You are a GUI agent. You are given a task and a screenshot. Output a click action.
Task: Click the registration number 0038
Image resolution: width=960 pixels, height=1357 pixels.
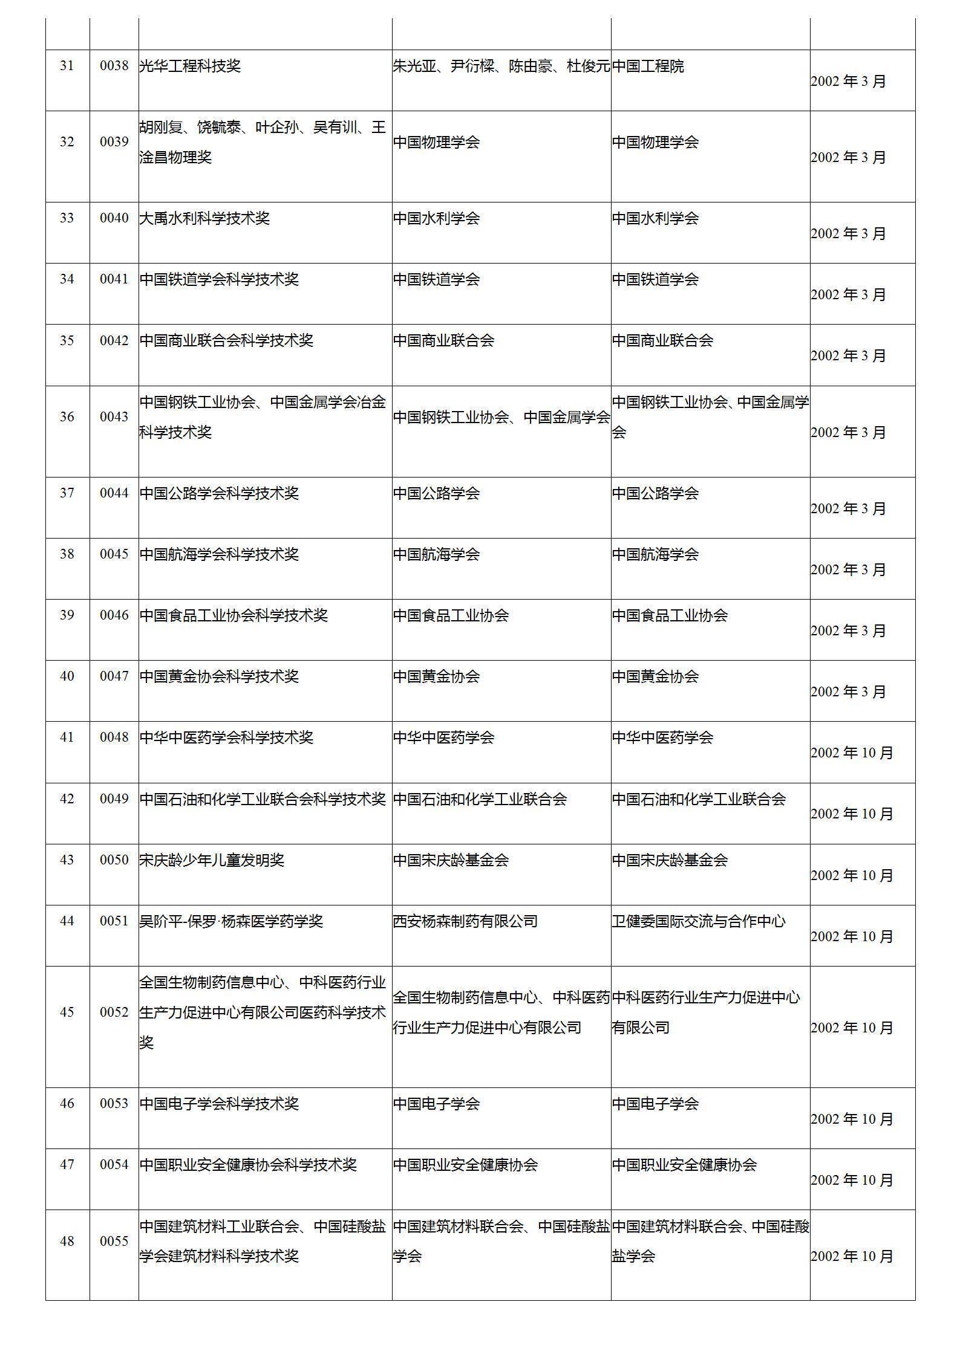(x=114, y=66)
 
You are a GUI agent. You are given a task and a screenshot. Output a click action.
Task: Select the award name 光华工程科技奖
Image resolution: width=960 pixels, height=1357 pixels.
(x=190, y=66)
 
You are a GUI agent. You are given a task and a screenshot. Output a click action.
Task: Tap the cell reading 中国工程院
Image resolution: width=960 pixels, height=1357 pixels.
(x=648, y=66)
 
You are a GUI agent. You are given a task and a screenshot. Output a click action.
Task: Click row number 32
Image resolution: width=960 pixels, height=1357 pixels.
(x=67, y=141)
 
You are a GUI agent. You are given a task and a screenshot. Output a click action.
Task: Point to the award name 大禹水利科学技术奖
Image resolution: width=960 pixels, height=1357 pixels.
(x=204, y=218)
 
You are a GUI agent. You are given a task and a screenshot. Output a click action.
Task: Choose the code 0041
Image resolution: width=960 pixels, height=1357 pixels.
(x=114, y=279)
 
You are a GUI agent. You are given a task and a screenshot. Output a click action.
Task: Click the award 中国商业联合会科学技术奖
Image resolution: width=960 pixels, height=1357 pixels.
(x=226, y=340)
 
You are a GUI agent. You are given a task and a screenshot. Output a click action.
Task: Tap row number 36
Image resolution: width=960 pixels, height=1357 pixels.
(x=67, y=416)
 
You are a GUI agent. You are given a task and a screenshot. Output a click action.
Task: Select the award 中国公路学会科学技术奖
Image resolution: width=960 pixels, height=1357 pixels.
(x=219, y=493)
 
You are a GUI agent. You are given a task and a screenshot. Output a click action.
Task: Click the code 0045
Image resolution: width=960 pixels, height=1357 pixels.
(x=114, y=554)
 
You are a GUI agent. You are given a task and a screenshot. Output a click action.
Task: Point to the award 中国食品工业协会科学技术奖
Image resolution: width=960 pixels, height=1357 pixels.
(x=233, y=615)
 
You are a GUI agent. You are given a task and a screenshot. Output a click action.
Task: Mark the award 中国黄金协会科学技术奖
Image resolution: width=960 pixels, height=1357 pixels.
(x=219, y=676)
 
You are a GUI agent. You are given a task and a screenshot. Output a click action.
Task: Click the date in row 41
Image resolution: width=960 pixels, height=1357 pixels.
(x=852, y=753)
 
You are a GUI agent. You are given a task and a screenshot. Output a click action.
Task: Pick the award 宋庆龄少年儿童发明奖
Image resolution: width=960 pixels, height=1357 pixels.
(x=212, y=860)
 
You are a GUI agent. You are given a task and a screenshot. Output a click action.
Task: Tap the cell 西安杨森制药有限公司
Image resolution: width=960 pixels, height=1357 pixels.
(x=465, y=921)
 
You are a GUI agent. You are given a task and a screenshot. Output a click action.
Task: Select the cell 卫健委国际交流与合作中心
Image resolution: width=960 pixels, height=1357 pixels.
(x=699, y=921)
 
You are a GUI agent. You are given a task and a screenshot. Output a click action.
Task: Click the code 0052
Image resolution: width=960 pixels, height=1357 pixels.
(x=114, y=1012)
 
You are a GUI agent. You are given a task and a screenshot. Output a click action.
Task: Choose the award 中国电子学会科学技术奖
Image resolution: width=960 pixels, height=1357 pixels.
(x=219, y=1104)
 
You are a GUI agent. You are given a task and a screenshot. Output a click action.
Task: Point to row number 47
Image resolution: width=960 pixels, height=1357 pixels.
(x=67, y=1165)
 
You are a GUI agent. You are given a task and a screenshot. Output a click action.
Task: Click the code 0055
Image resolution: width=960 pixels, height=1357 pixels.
(x=114, y=1241)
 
